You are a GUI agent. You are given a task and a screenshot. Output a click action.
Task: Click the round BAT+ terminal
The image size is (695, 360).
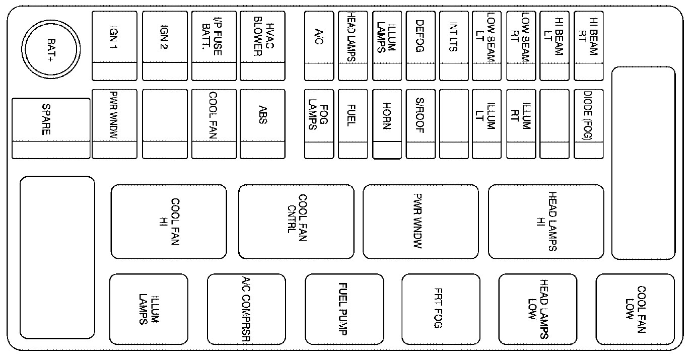coord(51,50)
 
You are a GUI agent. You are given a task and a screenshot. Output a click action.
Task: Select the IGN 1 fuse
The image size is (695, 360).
coord(114,46)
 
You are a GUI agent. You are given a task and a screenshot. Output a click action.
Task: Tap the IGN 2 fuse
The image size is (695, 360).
coord(165,46)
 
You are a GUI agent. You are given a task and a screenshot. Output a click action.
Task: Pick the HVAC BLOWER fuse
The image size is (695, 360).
coord(262,46)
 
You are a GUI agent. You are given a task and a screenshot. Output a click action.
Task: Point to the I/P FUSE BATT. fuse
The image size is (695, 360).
coord(214,46)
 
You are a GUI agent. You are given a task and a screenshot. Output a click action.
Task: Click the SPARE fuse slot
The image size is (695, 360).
coord(51,128)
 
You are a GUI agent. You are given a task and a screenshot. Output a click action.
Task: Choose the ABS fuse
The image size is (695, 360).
coord(262,124)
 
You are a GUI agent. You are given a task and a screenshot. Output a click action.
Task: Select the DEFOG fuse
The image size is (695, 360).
coord(421,46)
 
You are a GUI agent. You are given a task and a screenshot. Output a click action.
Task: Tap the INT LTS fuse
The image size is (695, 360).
coord(454,46)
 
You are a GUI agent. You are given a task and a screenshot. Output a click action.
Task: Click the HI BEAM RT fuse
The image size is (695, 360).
coord(589,46)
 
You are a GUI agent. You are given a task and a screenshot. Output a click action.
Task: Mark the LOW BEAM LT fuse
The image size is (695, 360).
coord(487,46)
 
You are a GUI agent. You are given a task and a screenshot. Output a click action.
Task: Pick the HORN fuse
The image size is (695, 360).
coord(387,124)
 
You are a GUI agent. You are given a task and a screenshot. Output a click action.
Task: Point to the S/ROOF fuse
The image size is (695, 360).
coord(421,124)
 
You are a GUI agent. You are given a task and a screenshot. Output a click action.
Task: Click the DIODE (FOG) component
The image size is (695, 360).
coord(589,124)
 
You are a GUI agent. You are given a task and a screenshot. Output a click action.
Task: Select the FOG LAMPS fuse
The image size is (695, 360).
coord(319,124)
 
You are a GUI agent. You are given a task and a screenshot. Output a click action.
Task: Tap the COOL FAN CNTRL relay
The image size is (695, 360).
coord(296,222)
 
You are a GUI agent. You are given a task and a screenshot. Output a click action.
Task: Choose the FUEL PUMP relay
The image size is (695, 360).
coord(344,309)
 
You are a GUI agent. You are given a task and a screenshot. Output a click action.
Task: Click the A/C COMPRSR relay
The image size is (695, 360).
coord(246,309)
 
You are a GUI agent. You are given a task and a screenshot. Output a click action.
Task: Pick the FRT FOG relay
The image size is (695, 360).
coord(441,309)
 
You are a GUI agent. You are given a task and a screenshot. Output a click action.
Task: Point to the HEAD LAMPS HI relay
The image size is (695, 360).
coord(546,222)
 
